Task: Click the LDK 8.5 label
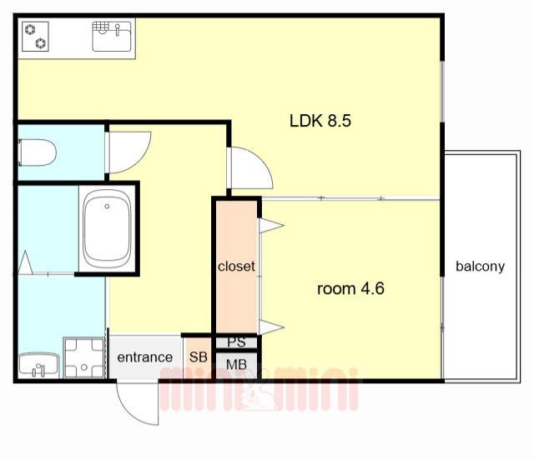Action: click(320, 121)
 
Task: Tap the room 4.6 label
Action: click(350, 289)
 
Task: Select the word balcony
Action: click(481, 267)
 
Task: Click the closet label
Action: click(236, 266)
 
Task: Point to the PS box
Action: click(236, 342)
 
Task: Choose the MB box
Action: click(236, 365)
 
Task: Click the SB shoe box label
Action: click(199, 357)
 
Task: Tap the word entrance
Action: click(144, 357)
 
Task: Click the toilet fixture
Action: click(37, 152)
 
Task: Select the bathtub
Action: click(108, 228)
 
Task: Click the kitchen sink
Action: click(112, 37)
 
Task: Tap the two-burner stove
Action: click(35, 37)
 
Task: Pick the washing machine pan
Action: click(84, 357)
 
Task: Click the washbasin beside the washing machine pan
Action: click(38, 365)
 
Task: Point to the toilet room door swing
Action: click(129, 152)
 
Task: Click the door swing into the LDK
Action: click(250, 168)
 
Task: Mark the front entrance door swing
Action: click(137, 404)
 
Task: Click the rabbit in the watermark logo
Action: click(258, 392)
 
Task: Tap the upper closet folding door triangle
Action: click(271, 226)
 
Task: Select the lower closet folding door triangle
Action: click(271, 327)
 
